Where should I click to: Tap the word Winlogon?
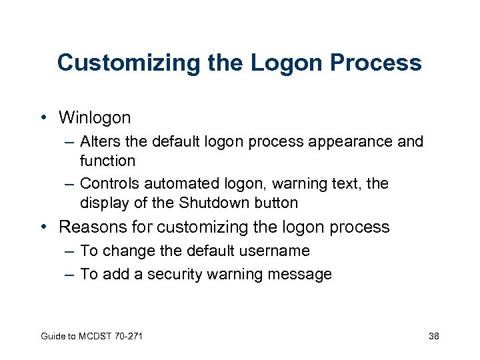click(95, 118)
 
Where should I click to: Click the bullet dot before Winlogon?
click(43, 118)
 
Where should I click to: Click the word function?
click(107, 161)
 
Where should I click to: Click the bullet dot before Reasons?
click(43, 227)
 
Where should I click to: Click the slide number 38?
click(433, 336)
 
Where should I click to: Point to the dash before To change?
click(70, 251)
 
